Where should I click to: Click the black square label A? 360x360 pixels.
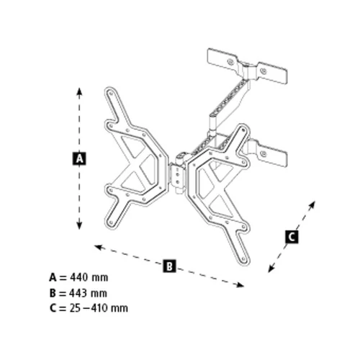(79, 158)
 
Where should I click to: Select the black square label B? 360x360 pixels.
(169, 266)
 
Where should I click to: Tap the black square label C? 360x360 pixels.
(292, 237)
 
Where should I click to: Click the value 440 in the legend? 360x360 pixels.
(78, 278)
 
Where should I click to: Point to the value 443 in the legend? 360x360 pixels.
(78, 293)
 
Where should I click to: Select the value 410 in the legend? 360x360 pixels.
(99, 308)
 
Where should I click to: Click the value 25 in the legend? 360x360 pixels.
(75, 308)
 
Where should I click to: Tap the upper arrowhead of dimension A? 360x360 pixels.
(79, 91)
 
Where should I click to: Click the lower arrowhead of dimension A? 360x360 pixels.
(79, 225)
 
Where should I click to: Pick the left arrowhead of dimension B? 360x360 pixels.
(99, 247)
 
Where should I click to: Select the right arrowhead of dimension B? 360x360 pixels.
(240, 285)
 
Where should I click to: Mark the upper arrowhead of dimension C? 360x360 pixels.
(312, 204)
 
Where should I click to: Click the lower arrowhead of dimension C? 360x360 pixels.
(271, 269)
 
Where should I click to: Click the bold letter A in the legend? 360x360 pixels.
(53, 278)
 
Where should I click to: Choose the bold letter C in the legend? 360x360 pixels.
(53, 308)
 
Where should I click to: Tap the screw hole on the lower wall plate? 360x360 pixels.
(264, 153)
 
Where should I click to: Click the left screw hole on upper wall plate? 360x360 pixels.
(230, 62)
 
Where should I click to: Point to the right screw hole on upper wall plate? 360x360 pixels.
(264, 71)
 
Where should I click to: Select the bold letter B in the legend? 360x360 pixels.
(53, 293)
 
